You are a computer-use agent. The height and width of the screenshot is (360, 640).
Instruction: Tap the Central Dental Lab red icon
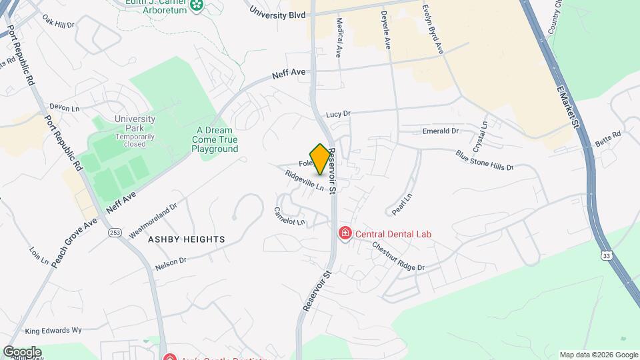(x=345, y=233)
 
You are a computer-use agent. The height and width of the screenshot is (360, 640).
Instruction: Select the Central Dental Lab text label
(x=393, y=234)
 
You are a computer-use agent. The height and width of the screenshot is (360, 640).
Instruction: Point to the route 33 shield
(x=606, y=255)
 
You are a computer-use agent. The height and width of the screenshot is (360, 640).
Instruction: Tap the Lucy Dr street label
(x=338, y=115)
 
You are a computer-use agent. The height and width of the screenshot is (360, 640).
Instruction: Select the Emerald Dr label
(x=441, y=131)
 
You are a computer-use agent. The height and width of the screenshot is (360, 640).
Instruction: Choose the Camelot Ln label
(x=289, y=216)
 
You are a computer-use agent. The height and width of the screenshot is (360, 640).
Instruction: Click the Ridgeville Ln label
(x=304, y=181)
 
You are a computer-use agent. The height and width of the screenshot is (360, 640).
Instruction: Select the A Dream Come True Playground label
(x=215, y=140)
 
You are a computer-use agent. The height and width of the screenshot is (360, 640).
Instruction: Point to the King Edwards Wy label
(x=53, y=330)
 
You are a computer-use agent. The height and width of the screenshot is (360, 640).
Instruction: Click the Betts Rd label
(x=608, y=138)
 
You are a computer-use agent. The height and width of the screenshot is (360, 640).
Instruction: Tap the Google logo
(x=22, y=352)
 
